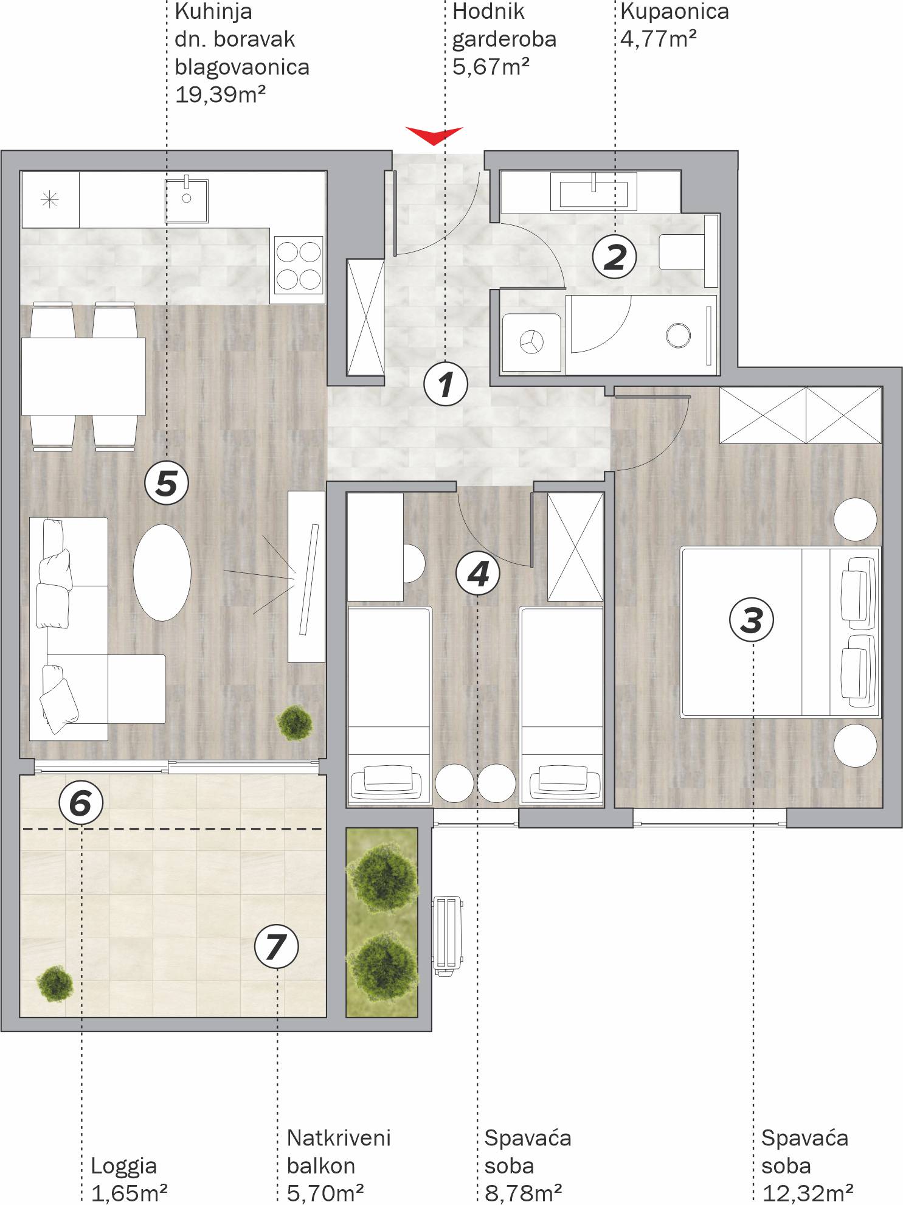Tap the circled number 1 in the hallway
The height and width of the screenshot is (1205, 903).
446,384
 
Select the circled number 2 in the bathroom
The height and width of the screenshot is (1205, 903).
614,257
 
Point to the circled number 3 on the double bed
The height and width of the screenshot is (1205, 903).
752,620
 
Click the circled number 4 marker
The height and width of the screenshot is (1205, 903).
478,574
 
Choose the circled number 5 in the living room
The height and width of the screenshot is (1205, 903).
167,484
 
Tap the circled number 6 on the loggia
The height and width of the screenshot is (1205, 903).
81,803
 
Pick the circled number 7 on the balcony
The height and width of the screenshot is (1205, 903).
276,946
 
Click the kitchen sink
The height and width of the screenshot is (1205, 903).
187,201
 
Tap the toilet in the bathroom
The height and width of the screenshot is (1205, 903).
689,251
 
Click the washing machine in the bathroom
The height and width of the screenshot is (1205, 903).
531,342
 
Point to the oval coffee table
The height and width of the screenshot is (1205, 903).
162,572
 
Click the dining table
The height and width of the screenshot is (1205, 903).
83,377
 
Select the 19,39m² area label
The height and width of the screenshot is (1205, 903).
220,95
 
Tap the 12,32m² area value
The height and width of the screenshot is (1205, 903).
808,1193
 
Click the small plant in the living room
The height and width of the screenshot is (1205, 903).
295,722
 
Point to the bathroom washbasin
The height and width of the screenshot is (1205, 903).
593,192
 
